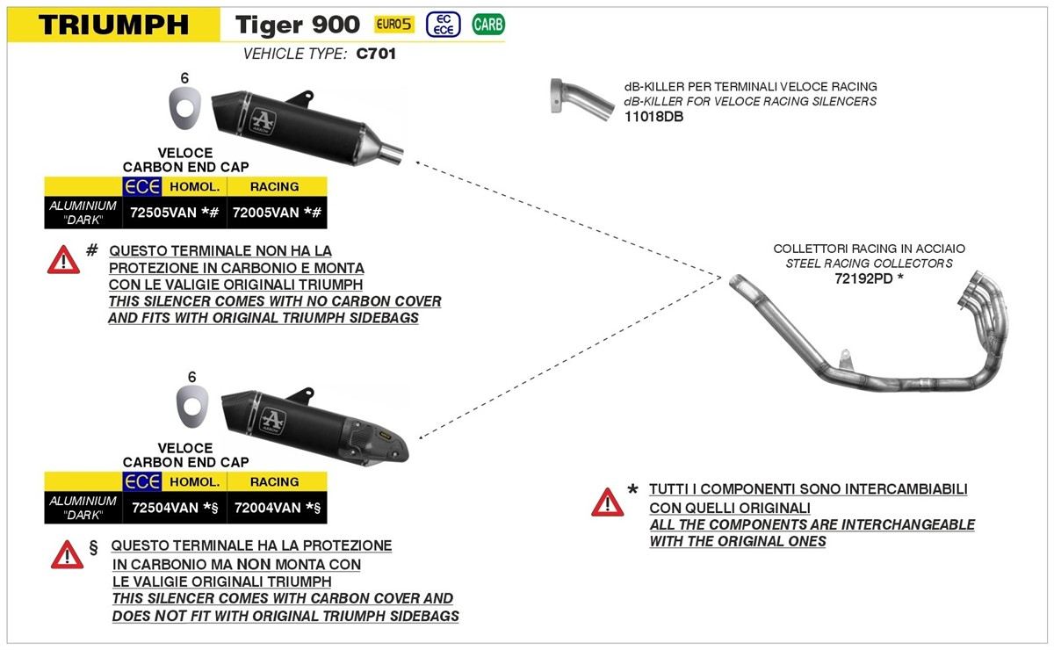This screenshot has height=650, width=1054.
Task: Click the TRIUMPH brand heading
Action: [x=113, y=25]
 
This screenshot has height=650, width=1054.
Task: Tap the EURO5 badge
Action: [x=394, y=25]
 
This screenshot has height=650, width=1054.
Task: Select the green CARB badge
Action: [x=487, y=25]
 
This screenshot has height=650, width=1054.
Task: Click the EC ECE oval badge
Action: [x=444, y=25]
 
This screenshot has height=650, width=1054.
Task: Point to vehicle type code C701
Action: [x=376, y=54]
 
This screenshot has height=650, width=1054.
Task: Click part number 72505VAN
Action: [x=164, y=213]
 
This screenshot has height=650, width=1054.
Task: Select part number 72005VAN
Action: [x=266, y=213]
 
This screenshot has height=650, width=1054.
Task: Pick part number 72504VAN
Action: [x=164, y=507]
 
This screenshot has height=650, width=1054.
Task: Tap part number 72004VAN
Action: [x=266, y=507]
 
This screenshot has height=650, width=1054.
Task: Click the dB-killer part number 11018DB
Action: [x=653, y=116]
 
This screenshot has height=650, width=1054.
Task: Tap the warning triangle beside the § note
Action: [x=67, y=554]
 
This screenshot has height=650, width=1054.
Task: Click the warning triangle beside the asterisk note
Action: [x=607, y=502]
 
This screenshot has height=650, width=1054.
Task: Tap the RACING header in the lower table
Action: [x=275, y=481]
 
